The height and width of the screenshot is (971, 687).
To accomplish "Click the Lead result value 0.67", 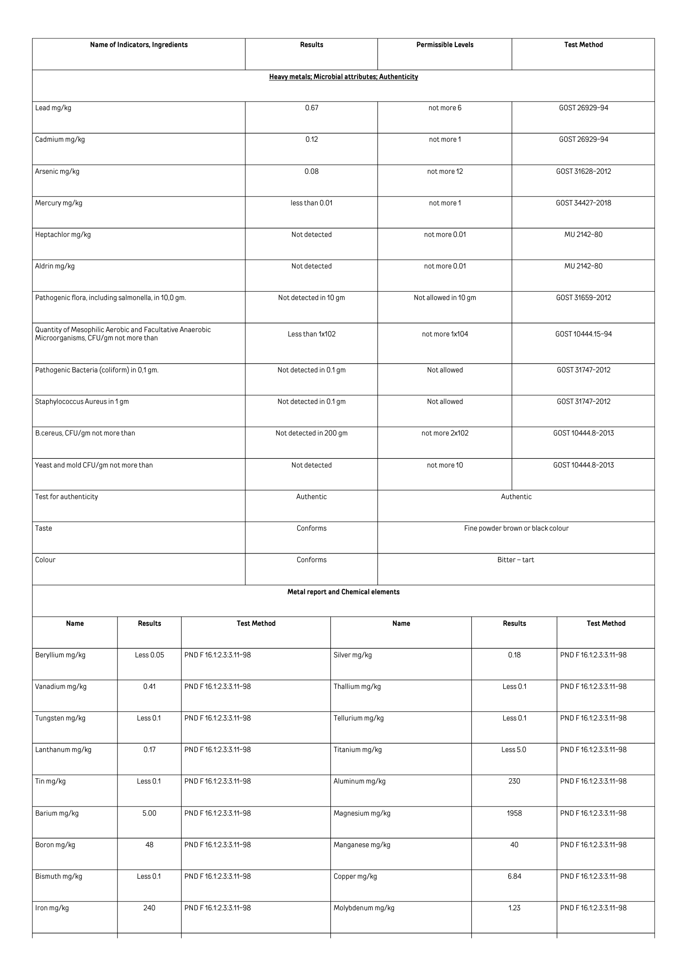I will point(311,108).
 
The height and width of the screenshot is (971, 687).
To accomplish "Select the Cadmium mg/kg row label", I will point(60,140).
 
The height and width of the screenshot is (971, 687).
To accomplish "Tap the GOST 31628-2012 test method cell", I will point(583,171).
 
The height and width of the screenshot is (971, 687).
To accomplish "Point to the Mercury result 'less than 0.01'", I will point(311,203).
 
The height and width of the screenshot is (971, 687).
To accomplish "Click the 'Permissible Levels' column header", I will point(445,45).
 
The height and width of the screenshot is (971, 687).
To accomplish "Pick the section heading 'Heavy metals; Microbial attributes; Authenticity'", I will point(343,77).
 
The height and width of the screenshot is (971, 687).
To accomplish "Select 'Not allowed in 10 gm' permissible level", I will point(445,298).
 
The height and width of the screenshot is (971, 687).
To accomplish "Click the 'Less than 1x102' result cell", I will point(311,334).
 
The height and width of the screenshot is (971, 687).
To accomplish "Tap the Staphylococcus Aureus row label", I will point(82,402).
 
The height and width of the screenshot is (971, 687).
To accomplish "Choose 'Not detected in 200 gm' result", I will point(311,433).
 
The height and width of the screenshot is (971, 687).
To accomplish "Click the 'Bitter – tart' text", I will point(515,560).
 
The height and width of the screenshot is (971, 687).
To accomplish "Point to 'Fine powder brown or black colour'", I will point(516,528).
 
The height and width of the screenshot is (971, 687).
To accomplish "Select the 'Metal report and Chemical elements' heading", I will point(343,592).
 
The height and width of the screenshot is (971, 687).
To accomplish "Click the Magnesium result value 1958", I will point(514,813).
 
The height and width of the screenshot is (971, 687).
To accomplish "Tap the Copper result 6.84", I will point(514,876).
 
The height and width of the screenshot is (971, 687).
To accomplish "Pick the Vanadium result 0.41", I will point(149,686).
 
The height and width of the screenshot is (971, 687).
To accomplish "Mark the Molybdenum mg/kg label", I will point(363,908).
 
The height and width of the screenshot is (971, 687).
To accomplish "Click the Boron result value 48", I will point(149,845).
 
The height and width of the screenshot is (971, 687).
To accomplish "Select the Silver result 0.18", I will point(514,655).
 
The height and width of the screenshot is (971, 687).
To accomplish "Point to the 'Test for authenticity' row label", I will point(67,497).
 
